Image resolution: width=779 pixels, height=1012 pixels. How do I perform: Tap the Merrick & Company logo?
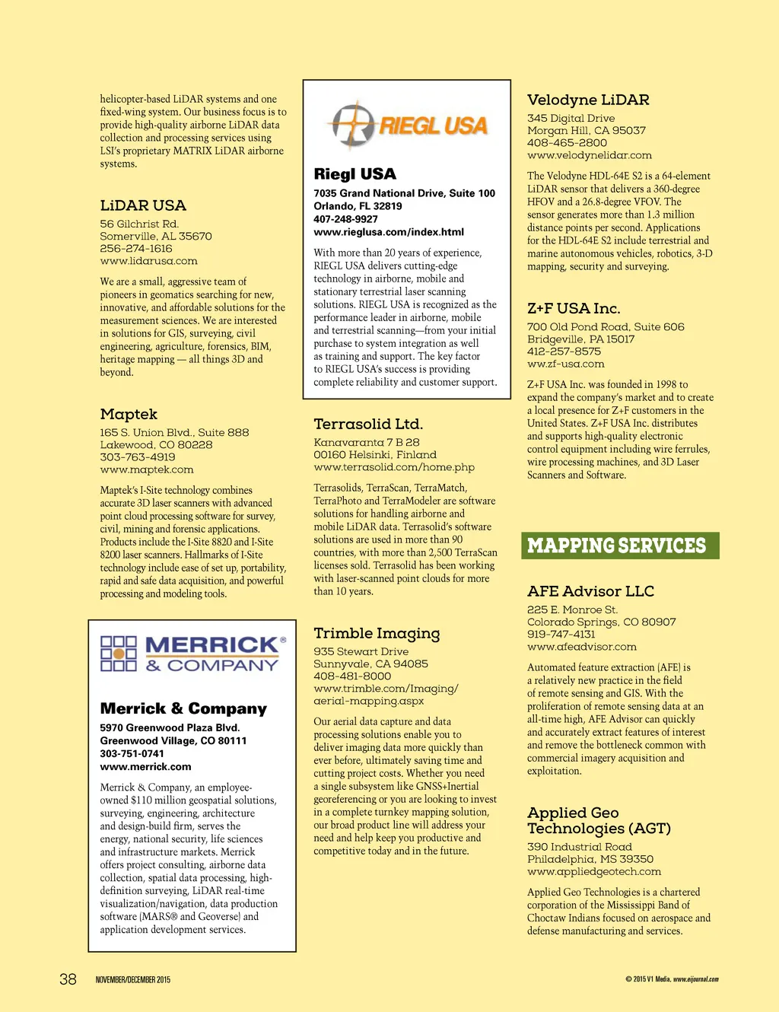193,654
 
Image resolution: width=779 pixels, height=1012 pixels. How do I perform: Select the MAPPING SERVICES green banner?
620,546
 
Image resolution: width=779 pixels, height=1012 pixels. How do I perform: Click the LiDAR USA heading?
143,205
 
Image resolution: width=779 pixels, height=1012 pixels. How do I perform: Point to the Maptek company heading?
129,414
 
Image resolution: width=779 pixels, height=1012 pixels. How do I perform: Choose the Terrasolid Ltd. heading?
368,424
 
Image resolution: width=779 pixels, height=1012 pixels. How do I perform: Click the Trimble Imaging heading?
377,633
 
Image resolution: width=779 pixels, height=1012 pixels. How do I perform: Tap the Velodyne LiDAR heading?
588,100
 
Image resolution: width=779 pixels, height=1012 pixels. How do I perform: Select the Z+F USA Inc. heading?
574,308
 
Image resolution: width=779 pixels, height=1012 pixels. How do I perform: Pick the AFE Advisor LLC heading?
590,591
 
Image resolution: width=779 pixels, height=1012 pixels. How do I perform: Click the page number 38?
68,979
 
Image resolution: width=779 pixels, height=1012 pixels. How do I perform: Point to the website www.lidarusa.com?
148,261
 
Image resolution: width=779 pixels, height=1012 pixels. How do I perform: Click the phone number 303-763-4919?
138,457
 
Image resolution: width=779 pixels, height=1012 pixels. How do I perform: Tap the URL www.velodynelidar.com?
590,155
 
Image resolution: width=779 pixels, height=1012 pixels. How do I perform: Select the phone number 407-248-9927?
345,219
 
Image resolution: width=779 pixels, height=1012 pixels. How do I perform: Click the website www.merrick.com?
145,767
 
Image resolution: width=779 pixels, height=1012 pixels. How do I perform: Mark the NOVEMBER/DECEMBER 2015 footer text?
133,980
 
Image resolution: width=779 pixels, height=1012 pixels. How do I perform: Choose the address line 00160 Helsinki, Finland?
375,455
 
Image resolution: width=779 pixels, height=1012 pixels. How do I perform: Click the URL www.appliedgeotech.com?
594,871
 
